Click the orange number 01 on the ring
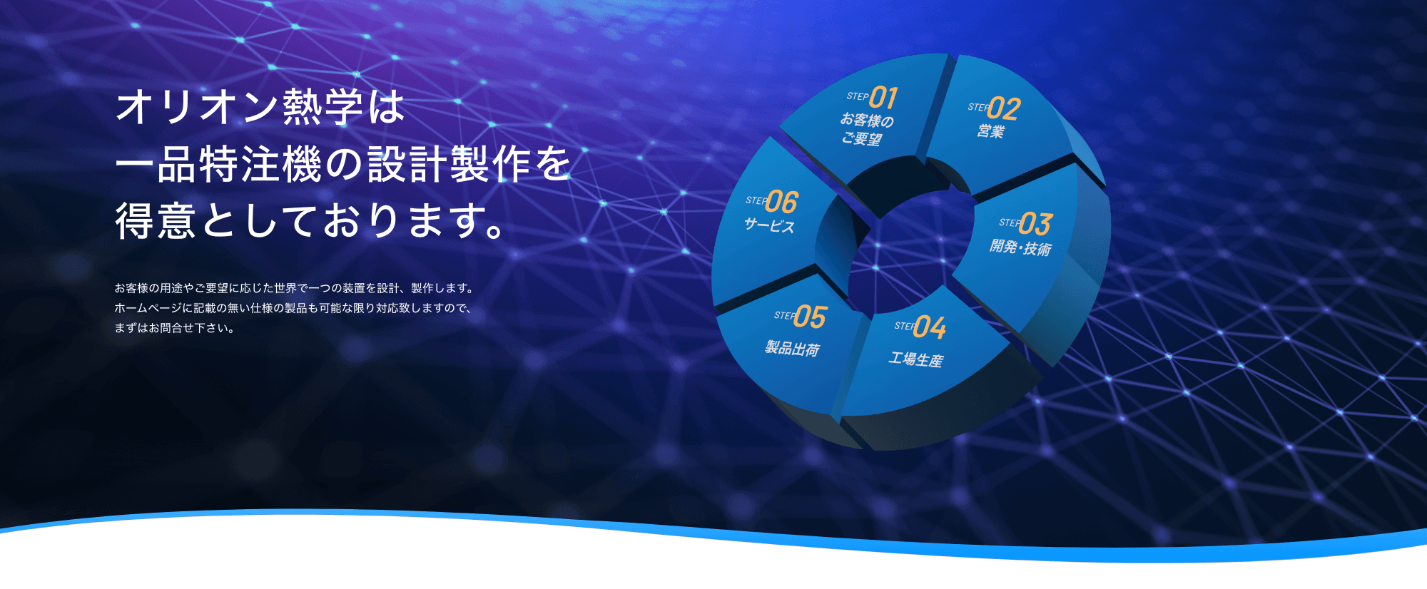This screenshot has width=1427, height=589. coord(883,97)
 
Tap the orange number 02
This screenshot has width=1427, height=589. coord(1004,108)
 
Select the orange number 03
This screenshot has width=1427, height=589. coord(1035,224)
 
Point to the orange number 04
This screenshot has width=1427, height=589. coord(930,327)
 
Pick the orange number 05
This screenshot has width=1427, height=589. coord(810,317)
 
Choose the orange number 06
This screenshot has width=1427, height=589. coord(781,203)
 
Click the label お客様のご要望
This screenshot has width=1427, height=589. coord(865,129)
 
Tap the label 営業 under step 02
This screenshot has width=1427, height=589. coord(991,131)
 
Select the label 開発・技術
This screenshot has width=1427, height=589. coord(1020,247)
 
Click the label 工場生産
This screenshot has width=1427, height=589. coord(915,359)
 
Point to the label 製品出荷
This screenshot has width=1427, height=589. coord(792,348)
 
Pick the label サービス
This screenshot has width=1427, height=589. coord(769,225)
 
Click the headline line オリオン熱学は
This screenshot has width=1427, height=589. coord(260,107)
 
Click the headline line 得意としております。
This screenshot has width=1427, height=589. coord(311,220)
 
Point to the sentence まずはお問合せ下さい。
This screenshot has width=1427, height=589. coord(175,328)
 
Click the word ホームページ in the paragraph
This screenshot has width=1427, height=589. coord(148,308)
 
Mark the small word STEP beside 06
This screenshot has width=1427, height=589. coord(756,200)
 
